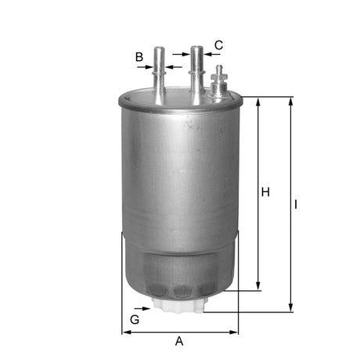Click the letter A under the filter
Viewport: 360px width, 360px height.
(179, 341)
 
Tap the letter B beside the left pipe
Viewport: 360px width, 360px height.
(139, 57)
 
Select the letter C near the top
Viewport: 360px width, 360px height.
(219, 45)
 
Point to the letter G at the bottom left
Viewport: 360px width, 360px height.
(135, 320)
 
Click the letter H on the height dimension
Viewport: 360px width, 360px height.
(265, 193)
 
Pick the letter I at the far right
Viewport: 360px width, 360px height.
(297, 204)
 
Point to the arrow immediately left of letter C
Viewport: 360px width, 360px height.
(207, 55)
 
